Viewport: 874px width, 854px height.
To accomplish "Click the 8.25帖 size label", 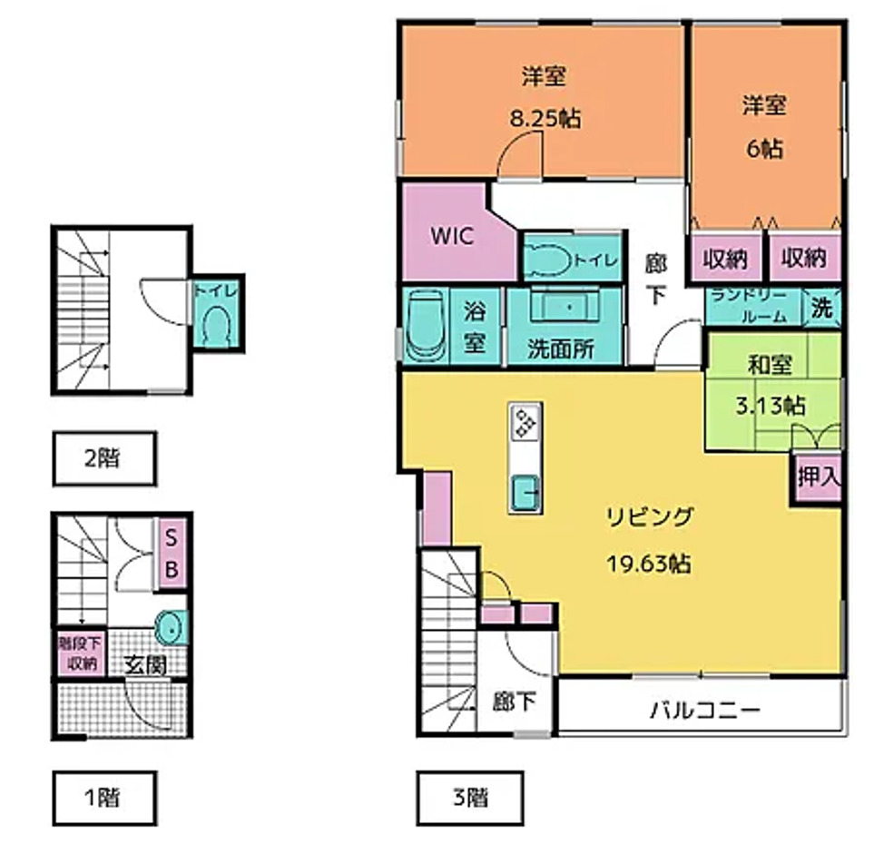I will coord(544,119).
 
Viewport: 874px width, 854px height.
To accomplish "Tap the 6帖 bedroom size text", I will coord(764,149).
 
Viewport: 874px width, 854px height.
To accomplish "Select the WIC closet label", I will coord(451,236).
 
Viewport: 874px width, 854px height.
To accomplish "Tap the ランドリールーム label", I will coord(754,306).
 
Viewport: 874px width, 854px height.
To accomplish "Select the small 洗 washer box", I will coord(821,308).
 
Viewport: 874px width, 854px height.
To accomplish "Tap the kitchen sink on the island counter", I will coord(525,494).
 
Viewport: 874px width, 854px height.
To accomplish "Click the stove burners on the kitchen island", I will coord(525,423).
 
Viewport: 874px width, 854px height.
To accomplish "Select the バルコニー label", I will coord(703,709).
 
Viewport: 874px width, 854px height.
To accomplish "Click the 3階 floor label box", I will coord(469,799).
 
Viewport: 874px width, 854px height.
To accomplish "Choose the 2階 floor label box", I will coord(103,457).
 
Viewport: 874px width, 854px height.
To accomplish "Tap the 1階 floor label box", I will coord(103,799).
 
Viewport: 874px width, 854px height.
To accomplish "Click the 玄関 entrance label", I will coord(144,665).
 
